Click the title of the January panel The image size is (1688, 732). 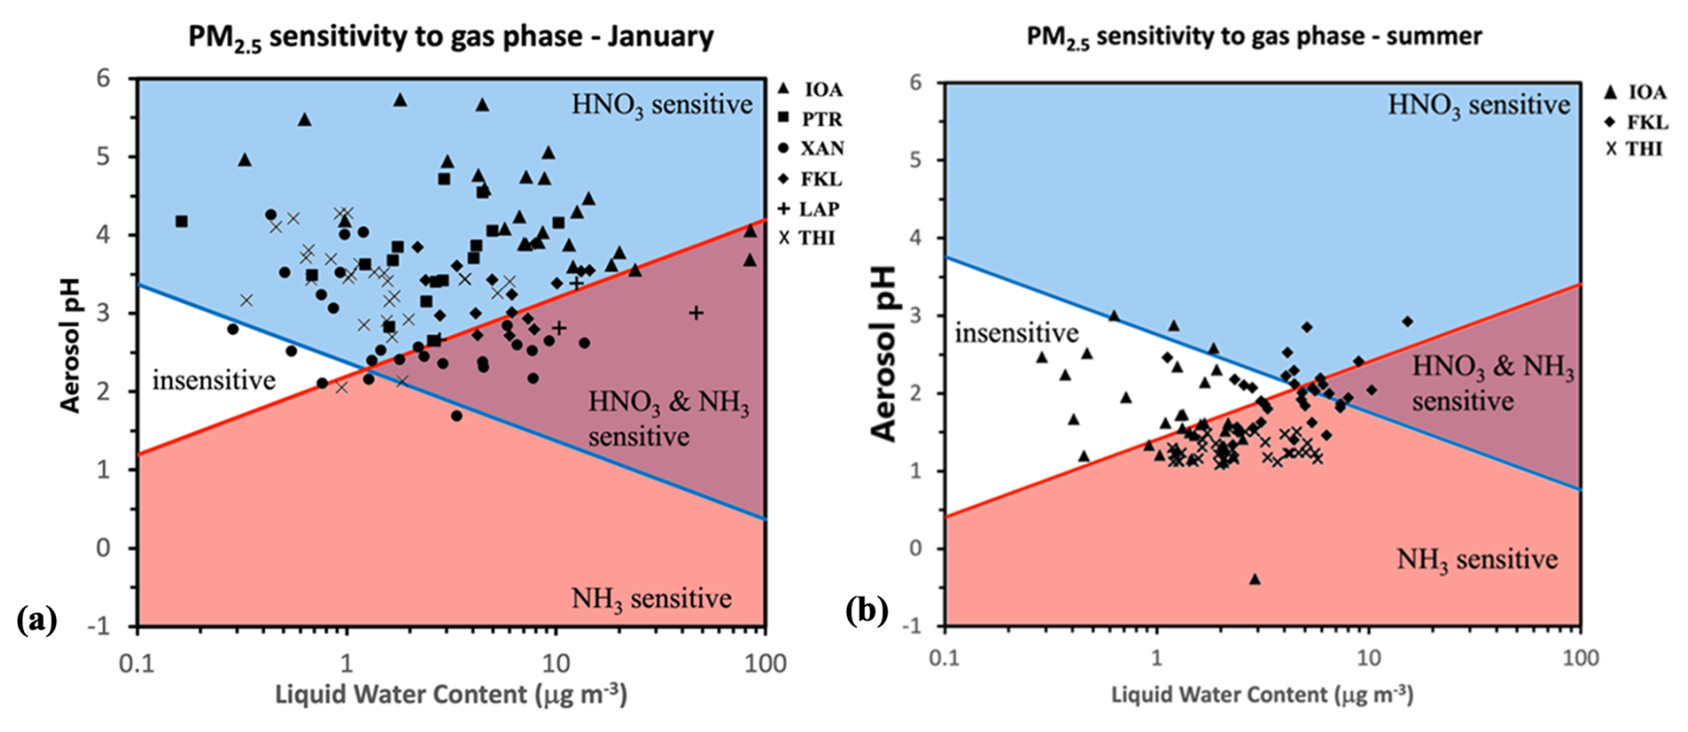pos(451,37)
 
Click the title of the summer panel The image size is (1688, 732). pos(1254,37)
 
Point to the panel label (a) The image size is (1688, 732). pos(37,619)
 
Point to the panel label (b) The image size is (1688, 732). pos(865,611)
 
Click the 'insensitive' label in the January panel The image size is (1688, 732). pos(213,381)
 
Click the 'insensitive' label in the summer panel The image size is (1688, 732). pos(1016,333)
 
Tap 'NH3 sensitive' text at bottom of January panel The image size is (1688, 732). pos(651,598)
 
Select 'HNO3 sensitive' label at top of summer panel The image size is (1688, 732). pos(1478,105)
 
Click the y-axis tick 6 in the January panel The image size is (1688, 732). pos(103,78)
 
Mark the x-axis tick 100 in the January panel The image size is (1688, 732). pos(765,664)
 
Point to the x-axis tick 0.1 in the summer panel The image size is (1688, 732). pos(944,659)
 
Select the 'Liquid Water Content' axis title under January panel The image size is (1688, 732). pos(451,695)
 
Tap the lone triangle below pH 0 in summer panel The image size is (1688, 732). pos(1254,579)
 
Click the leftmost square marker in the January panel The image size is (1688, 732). pos(182,221)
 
